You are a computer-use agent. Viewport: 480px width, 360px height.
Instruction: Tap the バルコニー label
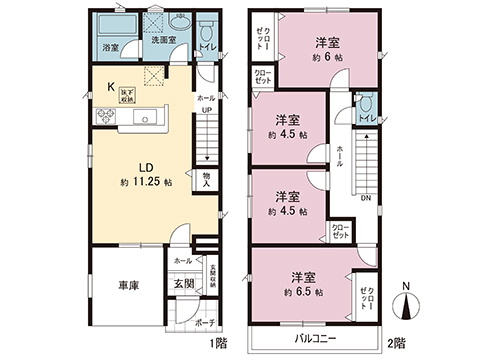click(x=313, y=338)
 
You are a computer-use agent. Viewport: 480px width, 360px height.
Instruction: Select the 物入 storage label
click(x=207, y=179)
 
